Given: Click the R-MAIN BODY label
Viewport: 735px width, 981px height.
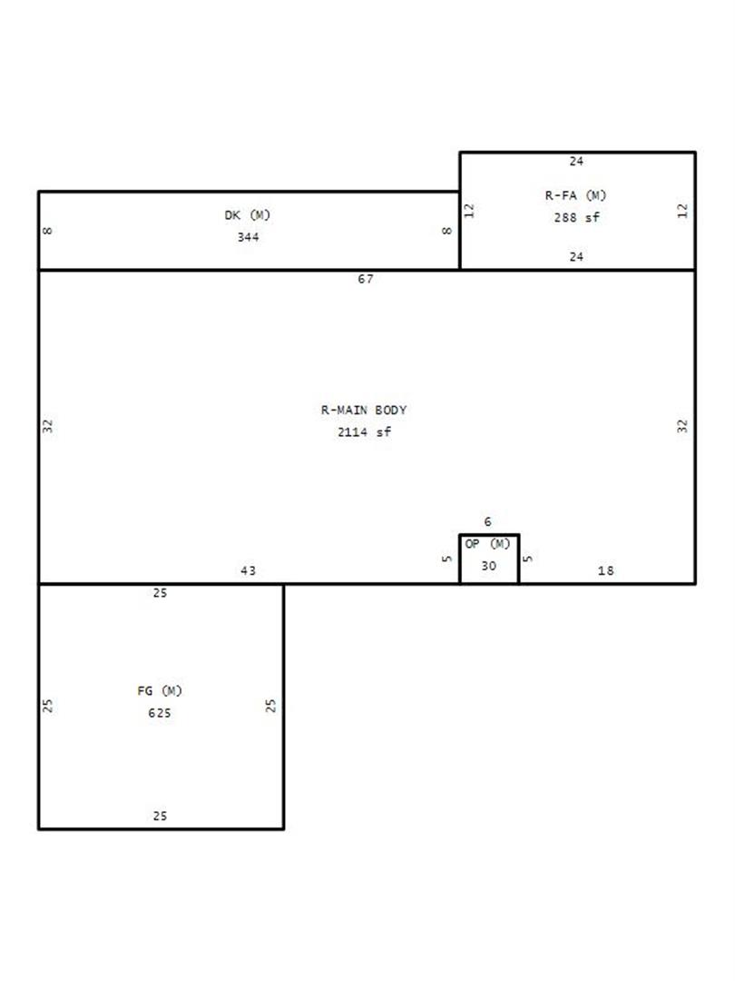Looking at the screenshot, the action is pyautogui.click(x=364, y=410).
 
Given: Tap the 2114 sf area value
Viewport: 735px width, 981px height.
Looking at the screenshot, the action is pyautogui.click(x=365, y=431).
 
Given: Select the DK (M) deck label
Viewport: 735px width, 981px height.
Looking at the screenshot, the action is pyautogui.click(x=248, y=215).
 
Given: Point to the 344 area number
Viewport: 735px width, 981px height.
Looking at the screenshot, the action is pyautogui.click(x=248, y=237).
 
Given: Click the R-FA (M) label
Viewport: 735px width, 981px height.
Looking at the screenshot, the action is pyautogui.click(x=575, y=195).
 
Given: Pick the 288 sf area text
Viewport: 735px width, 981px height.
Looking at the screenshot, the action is pyautogui.click(x=576, y=217).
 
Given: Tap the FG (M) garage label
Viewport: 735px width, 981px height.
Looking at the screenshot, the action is pyautogui.click(x=160, y=690).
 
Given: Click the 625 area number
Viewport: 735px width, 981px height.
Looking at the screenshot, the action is pyautogui.click(x=160, y=713).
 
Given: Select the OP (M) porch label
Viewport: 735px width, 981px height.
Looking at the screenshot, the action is pyautogui.click(x=487, y=544).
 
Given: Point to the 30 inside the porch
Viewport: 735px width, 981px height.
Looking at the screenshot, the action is pyautogui.click(x=489, y=566).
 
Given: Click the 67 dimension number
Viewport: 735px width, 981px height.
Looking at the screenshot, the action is pyautogui.click(x=366, y=279).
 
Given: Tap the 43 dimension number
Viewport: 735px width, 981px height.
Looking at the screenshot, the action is pyautogui.click(x=248, y=570).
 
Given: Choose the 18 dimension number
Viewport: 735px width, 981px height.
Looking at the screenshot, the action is pyautogui.click(x=605, y=570).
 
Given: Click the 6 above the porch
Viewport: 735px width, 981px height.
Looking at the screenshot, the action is pyautogui.click(x=487, y=521).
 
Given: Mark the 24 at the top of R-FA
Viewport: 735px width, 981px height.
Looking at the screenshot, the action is pyautogui.click(x=576, y=162).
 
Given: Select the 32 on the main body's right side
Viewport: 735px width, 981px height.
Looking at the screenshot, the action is pyautogui.click(x=681, y=426).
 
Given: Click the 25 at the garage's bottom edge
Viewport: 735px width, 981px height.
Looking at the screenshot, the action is pyautogui.click(x=160, y=816).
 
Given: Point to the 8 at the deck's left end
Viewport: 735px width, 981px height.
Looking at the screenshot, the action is pyautogui.click(x=47, y=231).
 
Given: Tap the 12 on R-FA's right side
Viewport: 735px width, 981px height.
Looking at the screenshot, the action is pyautogui.click(x=681, y=211).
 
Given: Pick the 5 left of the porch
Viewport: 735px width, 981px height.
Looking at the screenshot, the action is pyautogui.click(x=446, y=559).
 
